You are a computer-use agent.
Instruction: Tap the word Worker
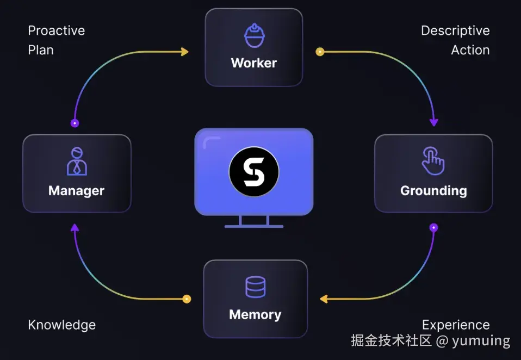pos(254,63)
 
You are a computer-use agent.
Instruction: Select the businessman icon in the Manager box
pos(77,161)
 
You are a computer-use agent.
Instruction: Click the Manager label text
pos(76,191)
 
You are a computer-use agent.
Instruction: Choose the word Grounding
pos(433,191)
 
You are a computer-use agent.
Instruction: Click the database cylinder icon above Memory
pos(255,287)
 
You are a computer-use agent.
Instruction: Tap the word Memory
pos(255,315)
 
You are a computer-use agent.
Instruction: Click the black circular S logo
pos(254,172)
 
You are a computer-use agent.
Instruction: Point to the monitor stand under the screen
pos(254,221)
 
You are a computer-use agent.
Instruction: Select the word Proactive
pos(57,30)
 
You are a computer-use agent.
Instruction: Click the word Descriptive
pos(455,30)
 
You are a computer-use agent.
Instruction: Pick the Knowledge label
pos(62,325)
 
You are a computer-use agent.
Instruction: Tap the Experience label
pos(456,325)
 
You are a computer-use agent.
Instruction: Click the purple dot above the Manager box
pos(75,123)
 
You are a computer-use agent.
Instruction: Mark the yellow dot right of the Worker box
pos(320,52)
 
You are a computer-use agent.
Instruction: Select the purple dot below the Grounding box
pos(433,227)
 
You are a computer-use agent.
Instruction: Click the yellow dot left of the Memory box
pos(187,299)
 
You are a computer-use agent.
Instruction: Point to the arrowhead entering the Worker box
pos(185,52)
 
